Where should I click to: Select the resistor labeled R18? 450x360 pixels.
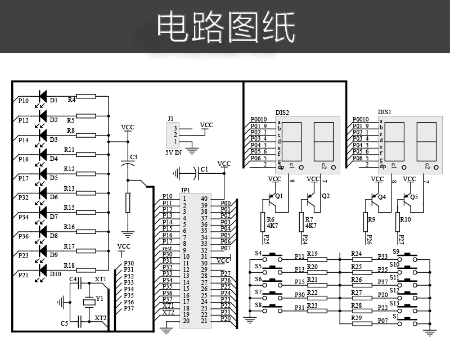(86, 269)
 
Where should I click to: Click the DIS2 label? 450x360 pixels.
(282, 112)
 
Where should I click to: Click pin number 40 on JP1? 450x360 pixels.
(204, 199)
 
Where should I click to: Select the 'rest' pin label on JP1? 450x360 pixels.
(167, 249)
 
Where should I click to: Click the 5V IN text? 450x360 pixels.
(173, 152)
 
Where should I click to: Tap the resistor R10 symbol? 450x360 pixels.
(398, 220)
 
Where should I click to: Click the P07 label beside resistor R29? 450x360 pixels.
(383, 321)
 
